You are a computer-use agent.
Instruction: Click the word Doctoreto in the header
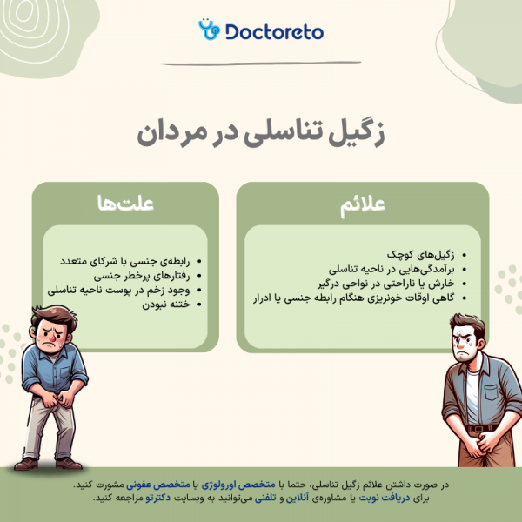273,31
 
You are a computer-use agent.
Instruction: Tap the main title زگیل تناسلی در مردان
261,133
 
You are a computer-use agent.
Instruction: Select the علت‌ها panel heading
125,204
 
